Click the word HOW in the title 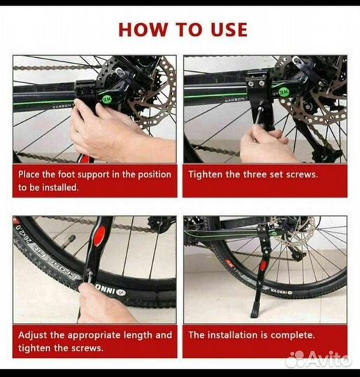(143, 29)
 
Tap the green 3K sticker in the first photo (107, 100)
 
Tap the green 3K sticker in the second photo (285, 91)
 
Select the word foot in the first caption (66, 175)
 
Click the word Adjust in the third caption (32, 335)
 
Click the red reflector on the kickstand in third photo (99, 236)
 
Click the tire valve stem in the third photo (67, 242)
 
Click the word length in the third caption (138, 335)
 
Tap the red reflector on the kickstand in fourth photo (264, 265)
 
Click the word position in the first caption (154, 175)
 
